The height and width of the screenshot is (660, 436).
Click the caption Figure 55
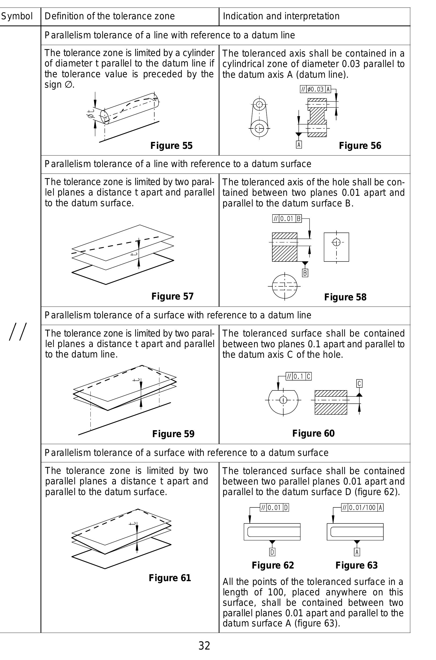click(171, 146)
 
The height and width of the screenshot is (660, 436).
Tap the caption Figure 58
click(345, 297)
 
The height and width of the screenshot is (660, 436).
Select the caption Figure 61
click(170, 578)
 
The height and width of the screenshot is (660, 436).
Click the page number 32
click(204, 645)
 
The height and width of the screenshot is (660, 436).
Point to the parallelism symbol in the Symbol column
click(18, 331)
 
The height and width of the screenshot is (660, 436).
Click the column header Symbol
click(17, 16)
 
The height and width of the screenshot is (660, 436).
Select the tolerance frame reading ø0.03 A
click(315, 89)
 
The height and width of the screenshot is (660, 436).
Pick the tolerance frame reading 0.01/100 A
click(362, 507)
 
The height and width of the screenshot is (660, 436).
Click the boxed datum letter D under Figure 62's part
click(272, 552)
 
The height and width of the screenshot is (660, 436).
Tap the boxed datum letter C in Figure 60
click(359, 384)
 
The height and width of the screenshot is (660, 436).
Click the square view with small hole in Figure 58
click(336, 247)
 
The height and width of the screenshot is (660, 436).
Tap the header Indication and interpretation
click(281, 16)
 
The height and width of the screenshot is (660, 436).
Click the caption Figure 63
click(357, 565)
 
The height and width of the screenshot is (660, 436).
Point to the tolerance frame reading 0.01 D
click(274, 507)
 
